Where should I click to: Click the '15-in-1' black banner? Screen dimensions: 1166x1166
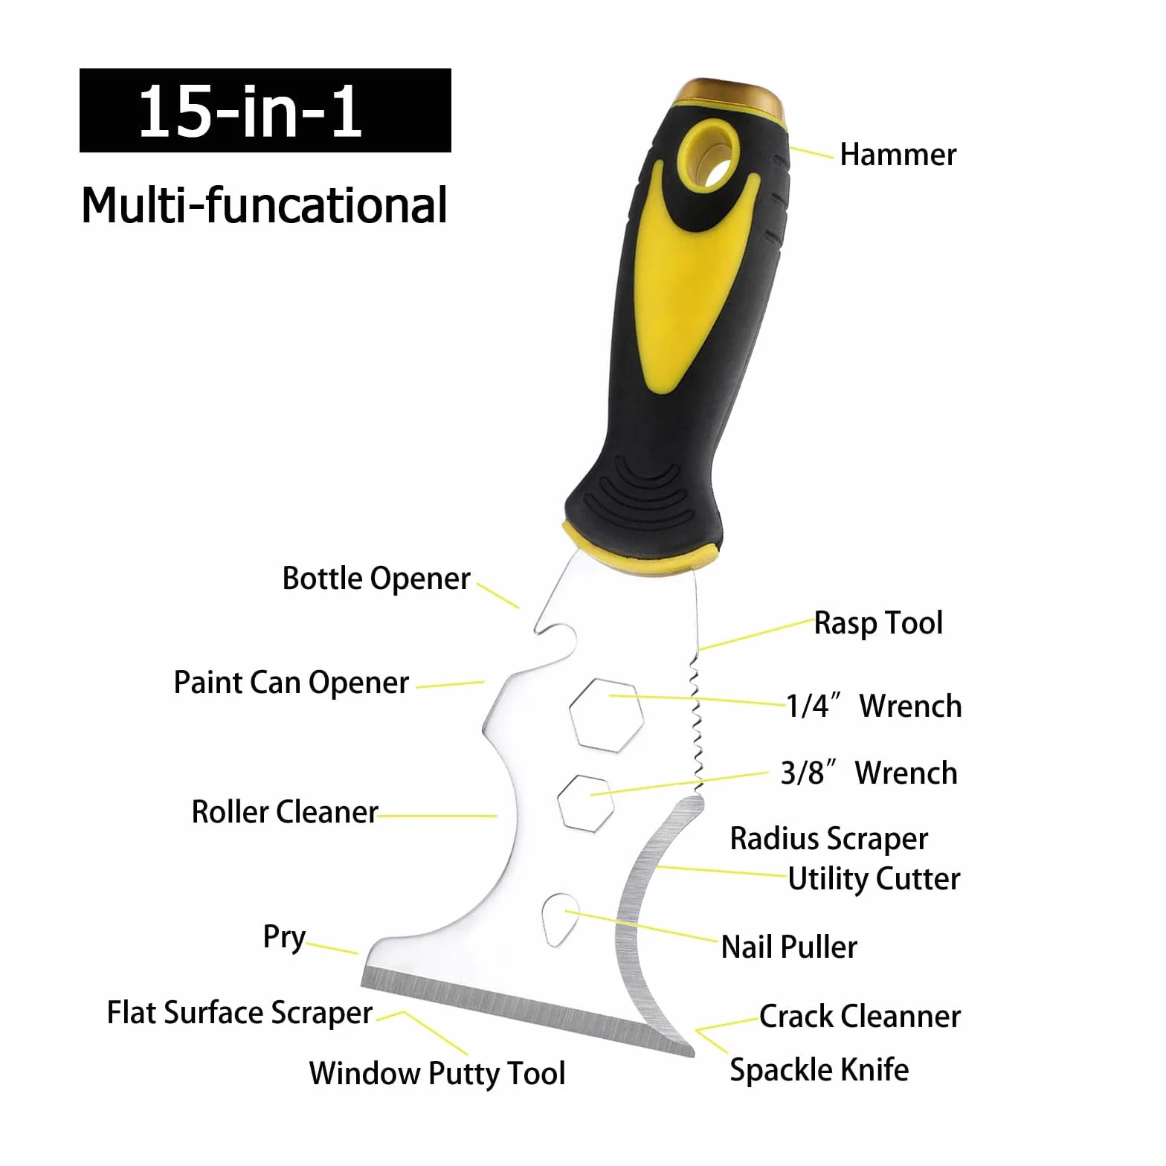265,110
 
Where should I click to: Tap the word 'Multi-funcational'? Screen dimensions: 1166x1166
264,205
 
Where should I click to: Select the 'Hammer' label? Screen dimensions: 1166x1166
898,155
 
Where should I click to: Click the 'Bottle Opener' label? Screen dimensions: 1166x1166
376,579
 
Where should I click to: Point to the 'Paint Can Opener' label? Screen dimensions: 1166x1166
291,683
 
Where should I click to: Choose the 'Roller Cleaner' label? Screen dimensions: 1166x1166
285,812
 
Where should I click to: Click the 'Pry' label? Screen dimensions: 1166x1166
284,938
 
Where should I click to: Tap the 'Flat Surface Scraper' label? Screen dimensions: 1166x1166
239,1013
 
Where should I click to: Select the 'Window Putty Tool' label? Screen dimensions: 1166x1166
437,1074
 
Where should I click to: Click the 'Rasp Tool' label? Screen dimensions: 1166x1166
878,623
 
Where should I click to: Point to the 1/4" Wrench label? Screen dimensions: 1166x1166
874,706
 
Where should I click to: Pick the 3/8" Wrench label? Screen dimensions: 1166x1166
869,773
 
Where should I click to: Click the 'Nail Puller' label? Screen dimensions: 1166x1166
789,947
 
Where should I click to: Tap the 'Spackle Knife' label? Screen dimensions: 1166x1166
819,1070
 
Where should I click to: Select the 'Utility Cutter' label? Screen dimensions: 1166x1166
874,879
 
